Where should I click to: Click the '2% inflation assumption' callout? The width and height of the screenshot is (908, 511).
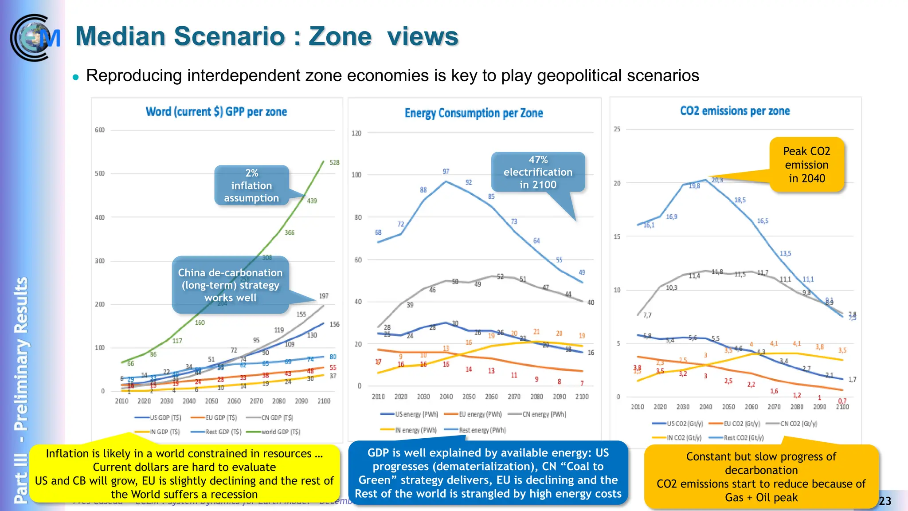251,185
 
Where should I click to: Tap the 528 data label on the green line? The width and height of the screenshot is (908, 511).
334,163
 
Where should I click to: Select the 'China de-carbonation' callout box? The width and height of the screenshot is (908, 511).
230,285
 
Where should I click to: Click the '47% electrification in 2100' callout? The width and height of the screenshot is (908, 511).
538,172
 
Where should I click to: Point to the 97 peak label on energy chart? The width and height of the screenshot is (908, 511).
446,172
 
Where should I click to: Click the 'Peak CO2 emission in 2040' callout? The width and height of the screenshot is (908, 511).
806,165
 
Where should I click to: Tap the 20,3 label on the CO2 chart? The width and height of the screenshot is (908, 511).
717,180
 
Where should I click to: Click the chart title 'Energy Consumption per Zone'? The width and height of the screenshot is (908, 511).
474,113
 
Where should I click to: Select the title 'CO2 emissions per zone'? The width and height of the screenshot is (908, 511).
735,111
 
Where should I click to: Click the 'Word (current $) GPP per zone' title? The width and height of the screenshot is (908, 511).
216,112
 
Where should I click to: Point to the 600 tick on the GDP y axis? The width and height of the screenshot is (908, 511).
100,130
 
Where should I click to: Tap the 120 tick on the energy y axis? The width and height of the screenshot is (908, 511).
356,133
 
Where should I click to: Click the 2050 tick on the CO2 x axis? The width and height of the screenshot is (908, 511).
728,407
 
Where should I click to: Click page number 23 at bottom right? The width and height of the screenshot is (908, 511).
885,501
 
